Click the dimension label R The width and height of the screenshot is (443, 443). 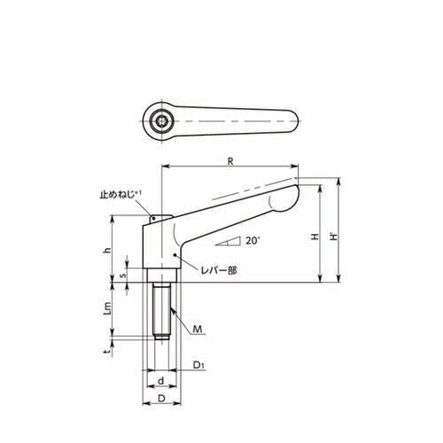click(230, 161)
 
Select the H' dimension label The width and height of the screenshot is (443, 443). click(334, 237)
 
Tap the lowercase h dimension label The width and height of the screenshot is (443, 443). click(108, 250)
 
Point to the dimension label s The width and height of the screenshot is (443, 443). click(124, 275)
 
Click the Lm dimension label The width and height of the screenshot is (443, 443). click(108, 309)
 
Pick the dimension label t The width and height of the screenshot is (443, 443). click(108, 351)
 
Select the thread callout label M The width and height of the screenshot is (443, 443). click(198, 329)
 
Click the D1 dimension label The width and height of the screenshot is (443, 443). click(198, 365)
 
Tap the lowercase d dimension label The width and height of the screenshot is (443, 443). click(161, 381)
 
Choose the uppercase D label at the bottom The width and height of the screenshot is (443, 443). click(161, 398)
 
